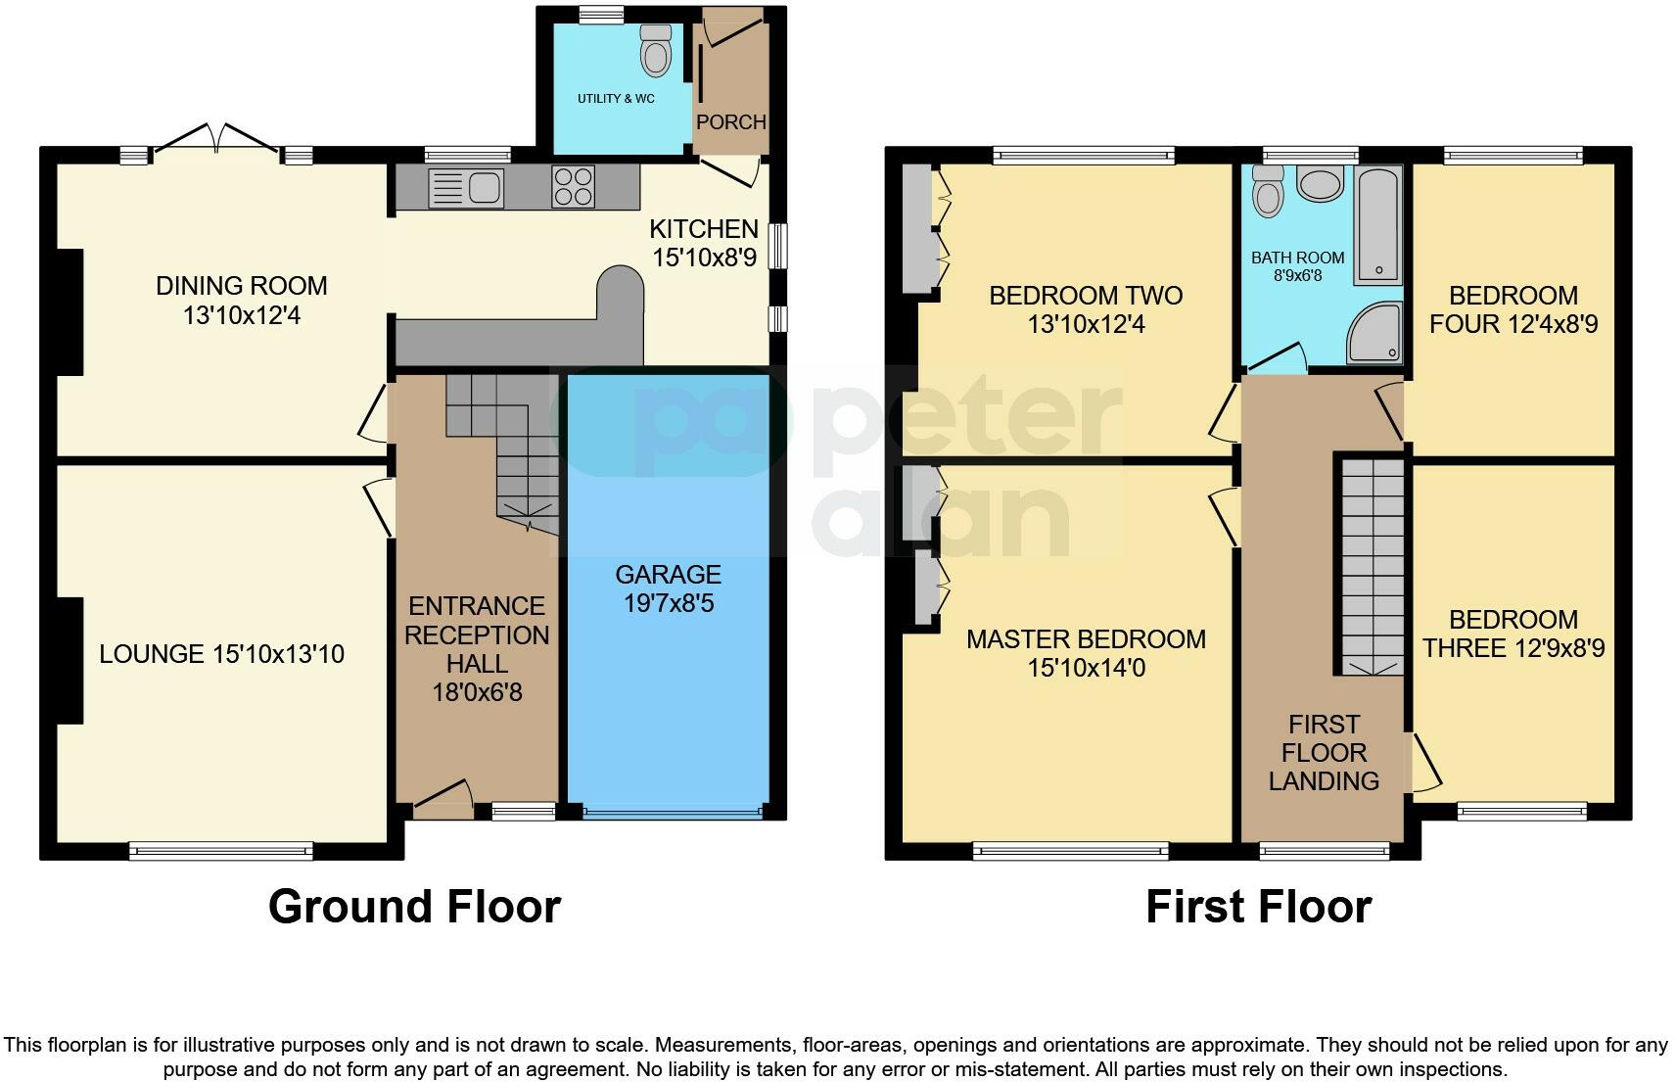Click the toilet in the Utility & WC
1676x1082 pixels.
coord(656,51)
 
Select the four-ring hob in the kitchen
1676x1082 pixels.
coord(573,186)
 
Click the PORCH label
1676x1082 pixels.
coord(731,122)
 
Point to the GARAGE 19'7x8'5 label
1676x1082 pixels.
coord(669,588)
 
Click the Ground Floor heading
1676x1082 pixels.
coord(414,907)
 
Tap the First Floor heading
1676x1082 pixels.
coord(1258,907)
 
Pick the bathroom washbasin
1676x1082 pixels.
coord(1321,183)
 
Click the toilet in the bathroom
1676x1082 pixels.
coord(1269,191)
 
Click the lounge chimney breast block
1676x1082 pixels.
coord(68,660)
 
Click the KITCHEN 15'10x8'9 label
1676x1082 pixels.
coord(704,243)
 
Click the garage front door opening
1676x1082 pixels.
coord(672,812)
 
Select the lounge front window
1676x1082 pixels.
coord(220,851)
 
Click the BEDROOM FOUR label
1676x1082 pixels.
coord(1513,309)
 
